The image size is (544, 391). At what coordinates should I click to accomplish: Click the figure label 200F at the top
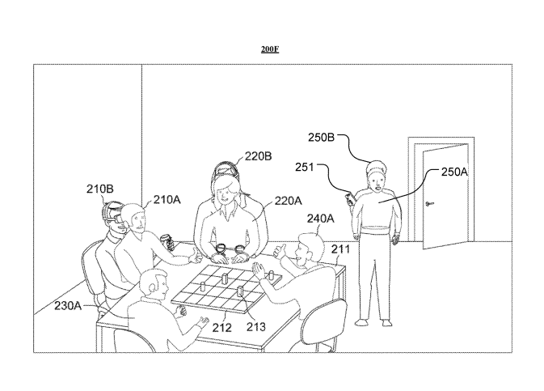coord(270,49)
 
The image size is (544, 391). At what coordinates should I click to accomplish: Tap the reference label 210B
coord(100,189)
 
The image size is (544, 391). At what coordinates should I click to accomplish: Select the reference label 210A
coord(167,200)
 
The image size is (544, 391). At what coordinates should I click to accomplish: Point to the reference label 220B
coord(258,156)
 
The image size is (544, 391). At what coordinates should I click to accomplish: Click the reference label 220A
coord(289,201)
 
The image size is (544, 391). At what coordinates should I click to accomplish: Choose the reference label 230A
coord(68,306)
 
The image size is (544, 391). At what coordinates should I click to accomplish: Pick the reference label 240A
coord(321,219)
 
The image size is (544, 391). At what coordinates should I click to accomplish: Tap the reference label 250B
coord(321,138)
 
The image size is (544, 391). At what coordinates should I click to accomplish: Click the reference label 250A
coord(454,172)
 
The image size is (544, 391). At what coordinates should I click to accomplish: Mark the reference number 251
coord(304,168)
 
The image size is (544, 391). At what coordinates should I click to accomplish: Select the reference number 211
coord(340,249)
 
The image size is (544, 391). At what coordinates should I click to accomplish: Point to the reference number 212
coord(221,327)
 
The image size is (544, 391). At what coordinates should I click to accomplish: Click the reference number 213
coord(256,327)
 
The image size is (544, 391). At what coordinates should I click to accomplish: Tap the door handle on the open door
coord(429,204)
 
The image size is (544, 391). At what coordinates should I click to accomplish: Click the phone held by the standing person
coord(350,198)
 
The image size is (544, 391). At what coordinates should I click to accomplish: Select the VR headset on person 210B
coord(112,213)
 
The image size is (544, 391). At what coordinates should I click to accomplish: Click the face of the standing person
coord(377,181)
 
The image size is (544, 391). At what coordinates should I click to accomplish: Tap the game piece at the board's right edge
coord(272,275)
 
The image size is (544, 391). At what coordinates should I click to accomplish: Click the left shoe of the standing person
coord(361,323)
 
